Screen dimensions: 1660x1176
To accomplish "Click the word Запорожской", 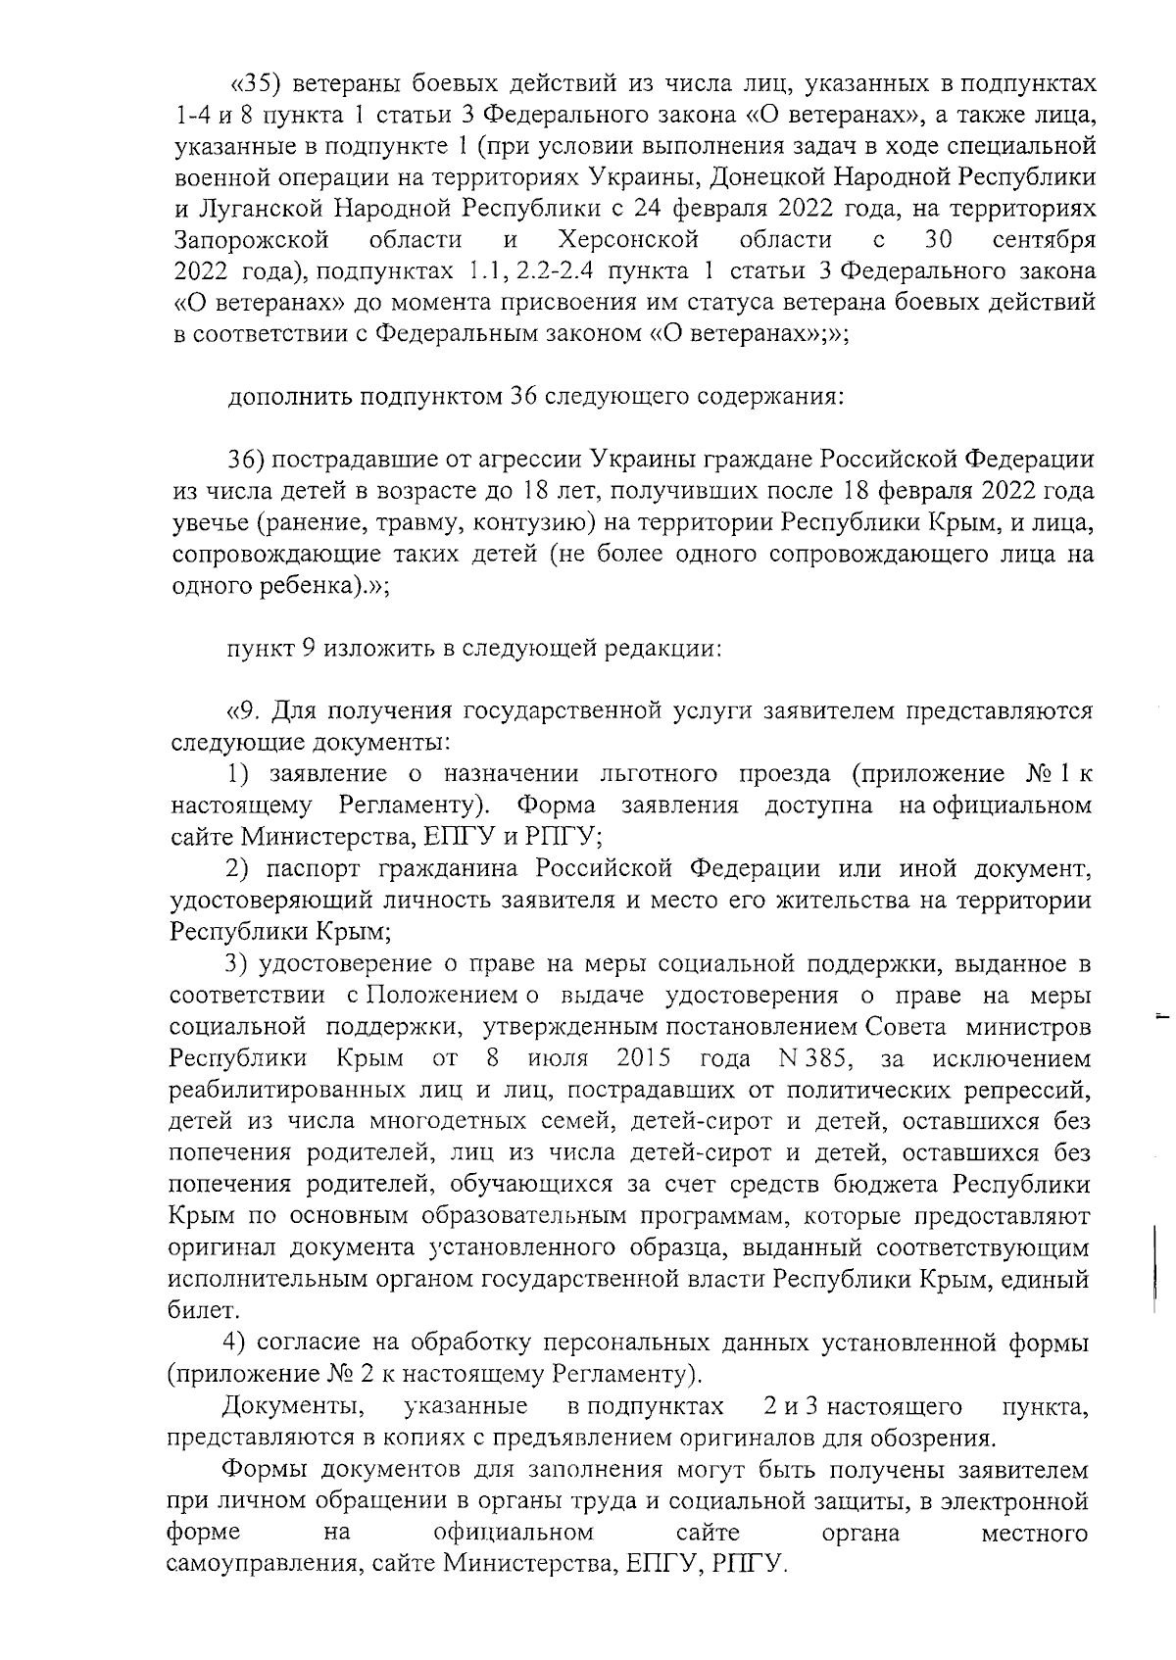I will (x=250, y=240).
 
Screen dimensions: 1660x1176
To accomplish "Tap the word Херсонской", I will (x=627, y=240).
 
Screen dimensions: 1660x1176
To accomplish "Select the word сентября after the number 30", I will (x=1043, y=240).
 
